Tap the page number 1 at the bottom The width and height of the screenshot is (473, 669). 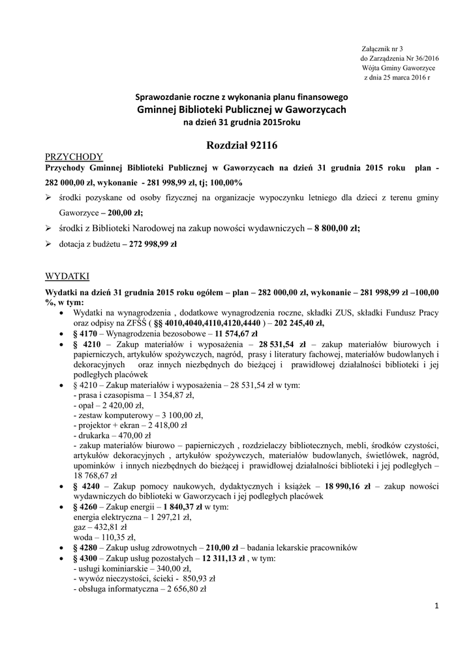pyautogui.click(x=436, y=607)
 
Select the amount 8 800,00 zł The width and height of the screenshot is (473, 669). pyautogui.click(x=335, y=228)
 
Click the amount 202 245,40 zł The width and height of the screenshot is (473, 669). pyautogui.click(x=299, y=323)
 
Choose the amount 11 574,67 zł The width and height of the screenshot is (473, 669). pyautogui.click(x=232, y=333)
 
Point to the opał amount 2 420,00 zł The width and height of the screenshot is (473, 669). pyautogui.click(x=115, y=405)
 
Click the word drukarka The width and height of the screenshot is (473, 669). pyautogui.click(x=94, y=435)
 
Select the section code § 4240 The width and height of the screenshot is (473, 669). pyautogui.click(x=85, y=487)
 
